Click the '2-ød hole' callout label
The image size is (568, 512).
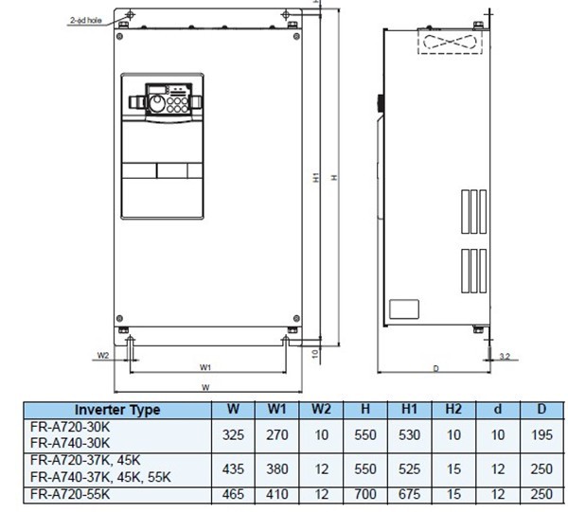click(85, 19)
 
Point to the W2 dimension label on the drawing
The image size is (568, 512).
click(104, 356)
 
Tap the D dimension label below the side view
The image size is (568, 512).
click(435, 366)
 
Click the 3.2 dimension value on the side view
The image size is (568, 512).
click(506, 356)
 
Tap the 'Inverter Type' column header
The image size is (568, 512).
click(118, 410)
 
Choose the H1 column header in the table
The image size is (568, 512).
click(409, 410)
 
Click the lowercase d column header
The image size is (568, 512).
click(498, 410)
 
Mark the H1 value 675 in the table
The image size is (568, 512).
click(409, 494)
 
